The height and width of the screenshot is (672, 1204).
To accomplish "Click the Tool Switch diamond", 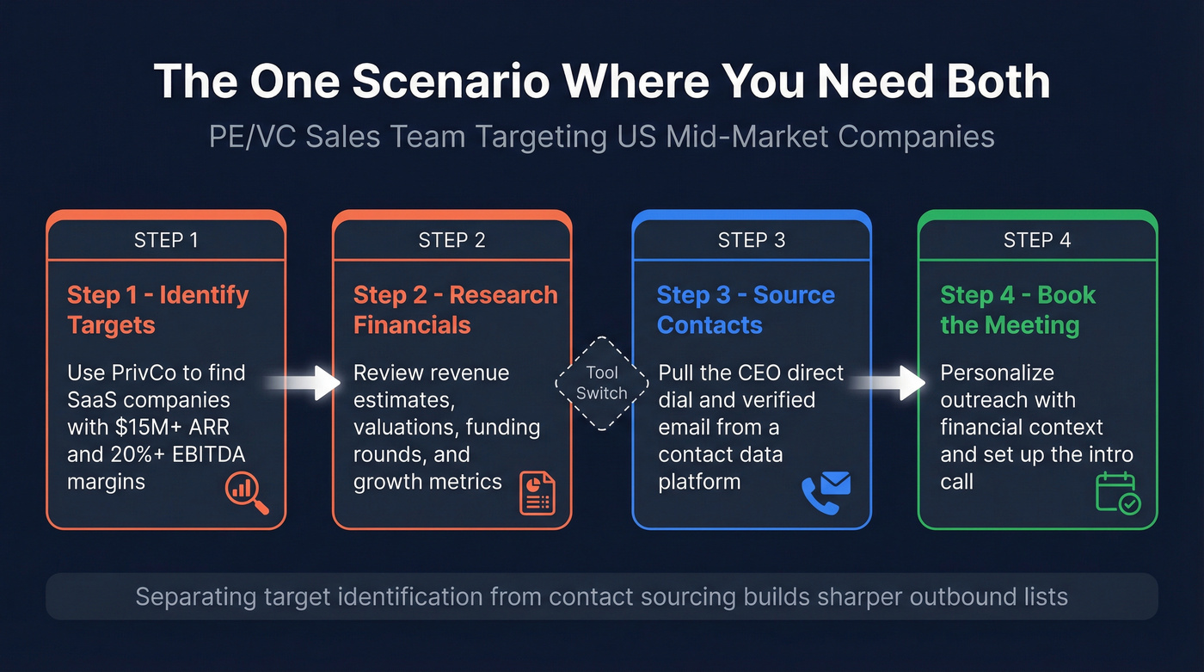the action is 602,383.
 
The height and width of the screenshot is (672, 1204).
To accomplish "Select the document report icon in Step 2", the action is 537,493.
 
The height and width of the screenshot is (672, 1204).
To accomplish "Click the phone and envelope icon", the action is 826,493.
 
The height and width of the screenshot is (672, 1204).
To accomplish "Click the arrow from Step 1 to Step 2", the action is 304,383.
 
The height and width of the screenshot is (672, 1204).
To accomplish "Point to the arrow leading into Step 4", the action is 888,383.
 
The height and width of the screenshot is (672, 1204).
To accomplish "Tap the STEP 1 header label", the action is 166,240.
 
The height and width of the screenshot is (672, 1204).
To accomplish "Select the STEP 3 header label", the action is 752,240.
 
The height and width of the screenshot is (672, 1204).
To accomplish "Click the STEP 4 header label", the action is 1037,240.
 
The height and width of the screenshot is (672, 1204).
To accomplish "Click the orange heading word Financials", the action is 412,325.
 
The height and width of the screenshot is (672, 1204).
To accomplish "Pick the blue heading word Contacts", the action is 709,325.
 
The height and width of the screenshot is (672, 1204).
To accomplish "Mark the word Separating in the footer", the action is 196,597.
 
